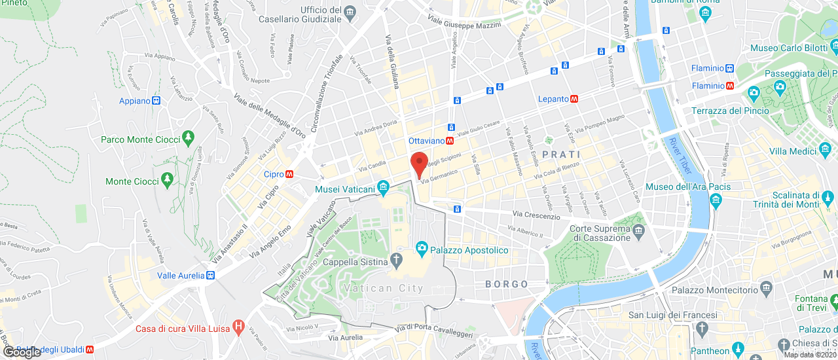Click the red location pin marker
(x=419, y=164)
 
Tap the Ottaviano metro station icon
(x=450, y=141)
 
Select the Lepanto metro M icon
(x=574, y=99)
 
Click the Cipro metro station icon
(x=289, y=174)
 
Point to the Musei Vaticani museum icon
(x=384, y=190)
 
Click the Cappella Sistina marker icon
(x=396, y=261)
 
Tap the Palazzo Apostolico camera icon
(x=422, y=249)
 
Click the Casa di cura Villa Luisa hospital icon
(x=238, y=326)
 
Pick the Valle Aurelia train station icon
(x=211, y=276)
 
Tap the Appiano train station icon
(x=156, y=101)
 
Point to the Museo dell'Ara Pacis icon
(x=715, y=201)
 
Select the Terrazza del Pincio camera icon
(x=754, y=93)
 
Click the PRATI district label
(x=561, y=154)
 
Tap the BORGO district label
(x=507, y=284)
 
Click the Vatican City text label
(x=386, y=289)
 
